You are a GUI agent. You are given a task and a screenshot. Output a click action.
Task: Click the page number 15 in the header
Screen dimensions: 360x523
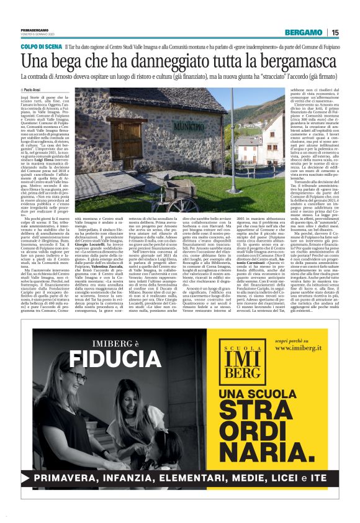pyautogui.click(x=335, y=33)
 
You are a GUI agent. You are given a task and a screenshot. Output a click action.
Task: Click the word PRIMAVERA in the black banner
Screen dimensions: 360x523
pyautogui.click(x=69, y=494)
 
